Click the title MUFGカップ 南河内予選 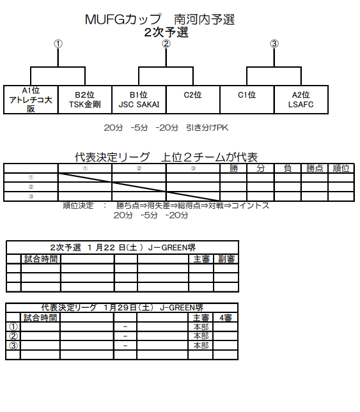pyautogui.click(x=160, y=19)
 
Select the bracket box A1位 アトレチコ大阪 pyautogui.click(x=31, y=100)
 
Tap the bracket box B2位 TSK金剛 pyautogui.click(x=85, y=100)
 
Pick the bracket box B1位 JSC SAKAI pyautogui.click(x=139, y=100)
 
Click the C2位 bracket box pyautogui.click(x=193, y=100)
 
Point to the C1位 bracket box pyautogui.click(x=247, y=100)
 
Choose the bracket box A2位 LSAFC pyautogui.click(x=301, y=100)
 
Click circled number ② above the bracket pyautogui.click(x=166, y=43)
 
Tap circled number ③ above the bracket pyautogui.click(x=274, y=43)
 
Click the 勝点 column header pyautogui.click(x=315, y=168)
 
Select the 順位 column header pyautogui.click(x=341, y=168)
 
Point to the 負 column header pyautogui.click(x=288, y=168)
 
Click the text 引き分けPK pyautogui.click(x=207, y=128)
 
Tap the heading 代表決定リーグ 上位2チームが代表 pyautogui.click(x=166, y=157)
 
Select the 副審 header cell pyautogui.click(x=226, y=259)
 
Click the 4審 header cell pyautogui.click(x=226, y=318)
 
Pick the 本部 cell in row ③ pyautogui.click(x=201, y=346)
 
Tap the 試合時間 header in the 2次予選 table pyautogui.click(x=41, y=259)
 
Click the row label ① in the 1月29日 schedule pyautogui.click(x=13, y=327)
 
